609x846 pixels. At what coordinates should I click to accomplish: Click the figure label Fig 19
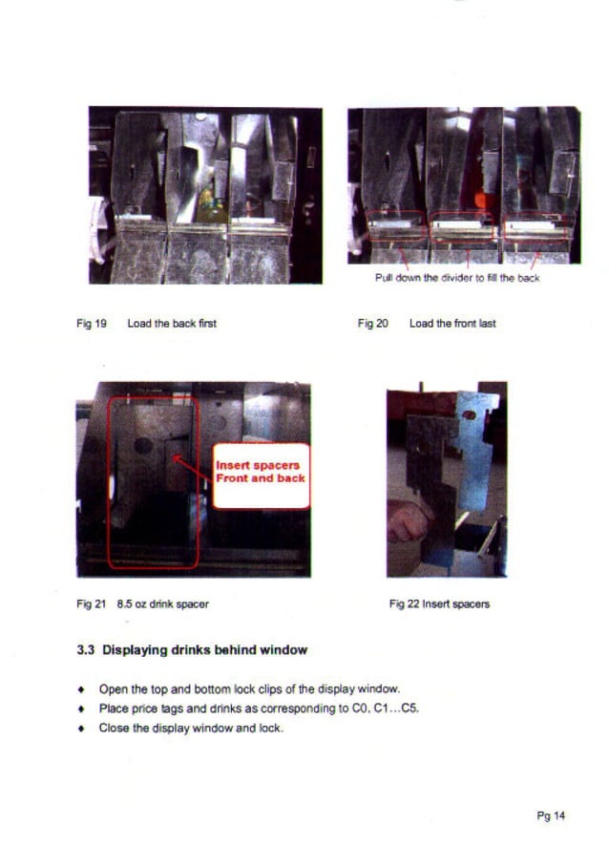coord(92,324)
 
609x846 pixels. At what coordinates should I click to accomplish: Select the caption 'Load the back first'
coord(172,324)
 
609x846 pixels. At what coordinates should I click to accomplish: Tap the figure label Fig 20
coord(372,324)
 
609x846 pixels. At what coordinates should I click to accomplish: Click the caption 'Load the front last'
coord(452,324)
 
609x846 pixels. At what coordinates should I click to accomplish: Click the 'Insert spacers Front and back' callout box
coord(262,476)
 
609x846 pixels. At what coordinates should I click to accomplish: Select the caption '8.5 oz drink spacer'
coord(163,604)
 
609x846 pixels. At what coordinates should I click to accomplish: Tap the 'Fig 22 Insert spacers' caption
coord(440,604)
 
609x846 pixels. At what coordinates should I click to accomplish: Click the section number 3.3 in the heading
coord(85,650)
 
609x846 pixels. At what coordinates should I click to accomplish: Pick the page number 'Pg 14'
coord(551,815)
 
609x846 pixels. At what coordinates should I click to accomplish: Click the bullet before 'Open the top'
coord(81,689)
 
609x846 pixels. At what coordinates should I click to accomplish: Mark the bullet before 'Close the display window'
coord(81,729)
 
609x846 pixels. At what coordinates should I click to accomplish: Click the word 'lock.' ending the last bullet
coord(271,729)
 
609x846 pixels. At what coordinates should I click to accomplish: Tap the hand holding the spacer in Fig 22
coord(409,521)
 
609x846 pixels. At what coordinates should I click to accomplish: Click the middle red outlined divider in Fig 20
coord(463,226)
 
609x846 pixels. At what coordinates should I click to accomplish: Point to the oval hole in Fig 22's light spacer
coord(470,415)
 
